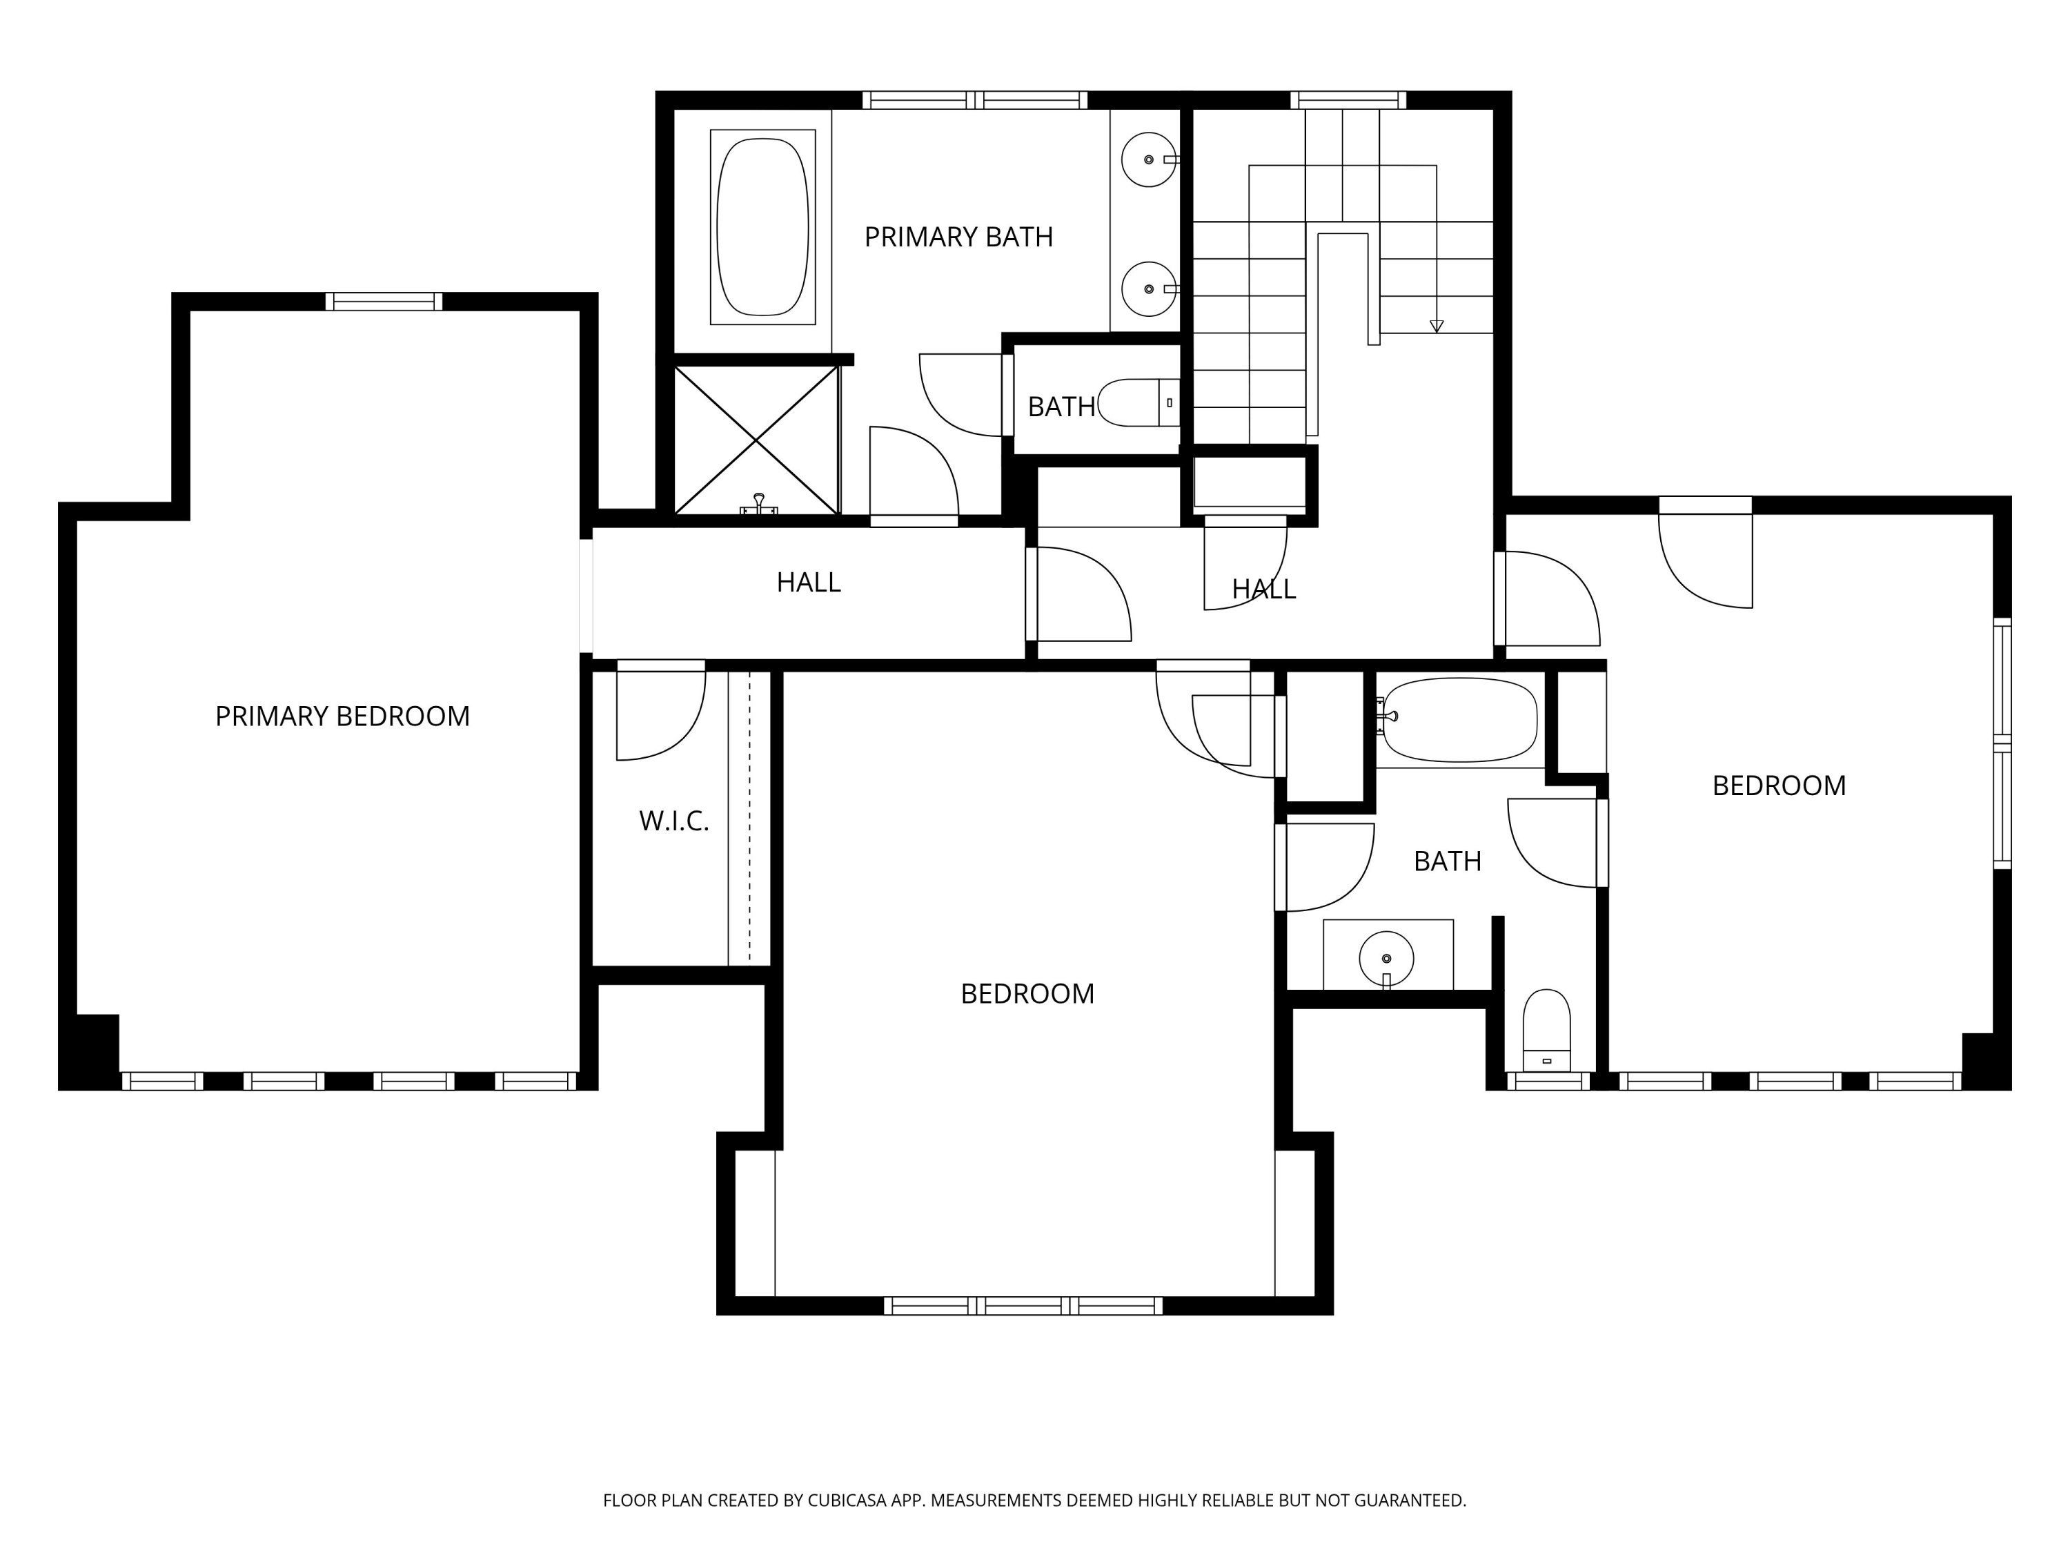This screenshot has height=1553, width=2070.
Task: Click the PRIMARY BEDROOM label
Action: coord(342,716)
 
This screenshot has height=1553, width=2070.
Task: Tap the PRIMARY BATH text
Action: coord(958,237)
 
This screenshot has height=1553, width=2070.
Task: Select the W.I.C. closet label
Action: coord(673,821)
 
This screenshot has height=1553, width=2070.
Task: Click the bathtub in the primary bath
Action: coord(762,228)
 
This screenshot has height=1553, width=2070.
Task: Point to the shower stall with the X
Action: coord(756,440)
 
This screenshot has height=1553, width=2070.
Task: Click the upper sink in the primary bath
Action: coord(1148,160)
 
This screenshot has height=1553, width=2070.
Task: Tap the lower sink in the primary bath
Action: coord(1148,289)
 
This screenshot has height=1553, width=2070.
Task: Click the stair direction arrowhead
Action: coord(1437,326)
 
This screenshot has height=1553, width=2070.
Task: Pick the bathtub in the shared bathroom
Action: coord(1460,719)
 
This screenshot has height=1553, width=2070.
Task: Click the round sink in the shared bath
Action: coord(1386,959)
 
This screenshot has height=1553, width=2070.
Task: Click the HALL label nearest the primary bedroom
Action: coord(809,583)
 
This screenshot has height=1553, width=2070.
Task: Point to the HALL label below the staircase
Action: coord(1263,589)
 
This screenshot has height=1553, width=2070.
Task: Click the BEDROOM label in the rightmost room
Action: coord(1779,785)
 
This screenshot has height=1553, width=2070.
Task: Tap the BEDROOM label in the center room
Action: coord(1027,993)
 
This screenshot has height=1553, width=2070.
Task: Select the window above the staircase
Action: coord(1348,100)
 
